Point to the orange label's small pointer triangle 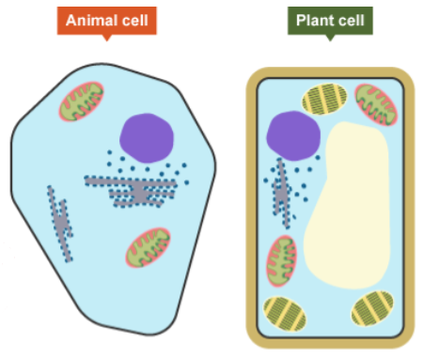point(106,38)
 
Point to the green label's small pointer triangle point(330,38)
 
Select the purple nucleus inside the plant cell point(290,133)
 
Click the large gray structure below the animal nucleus point(137,191)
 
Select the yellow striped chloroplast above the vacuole point(325,100)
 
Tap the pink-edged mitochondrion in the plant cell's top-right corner point(375,103)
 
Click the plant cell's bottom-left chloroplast point(283,312)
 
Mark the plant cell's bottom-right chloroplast point(374,310)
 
